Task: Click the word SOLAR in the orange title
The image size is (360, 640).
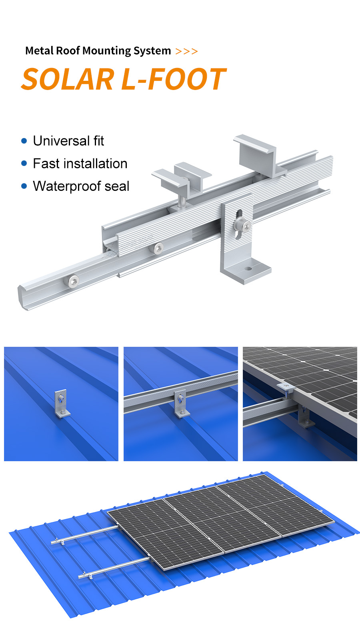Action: tap(68, 79)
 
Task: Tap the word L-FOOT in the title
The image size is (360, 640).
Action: tap(174, 79)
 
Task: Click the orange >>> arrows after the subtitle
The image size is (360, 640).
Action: tap(186, 52)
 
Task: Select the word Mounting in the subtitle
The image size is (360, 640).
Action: tap(106, 51)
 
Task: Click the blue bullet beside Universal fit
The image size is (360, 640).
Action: tap(24, 141)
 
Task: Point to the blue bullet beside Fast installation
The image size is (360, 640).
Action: tap(24, 164)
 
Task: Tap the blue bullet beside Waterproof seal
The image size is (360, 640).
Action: tap(24, 186)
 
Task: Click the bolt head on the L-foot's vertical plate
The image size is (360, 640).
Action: tap(242, 225)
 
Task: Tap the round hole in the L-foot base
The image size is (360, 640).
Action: tap(248, 268)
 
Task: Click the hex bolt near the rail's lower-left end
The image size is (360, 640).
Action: tap(73, 282)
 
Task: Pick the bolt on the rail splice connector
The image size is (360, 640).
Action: tap(158, 248)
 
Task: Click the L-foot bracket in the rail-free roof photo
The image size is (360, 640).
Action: tap(62, 404)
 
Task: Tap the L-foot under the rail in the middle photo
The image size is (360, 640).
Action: tap(181, 404)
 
